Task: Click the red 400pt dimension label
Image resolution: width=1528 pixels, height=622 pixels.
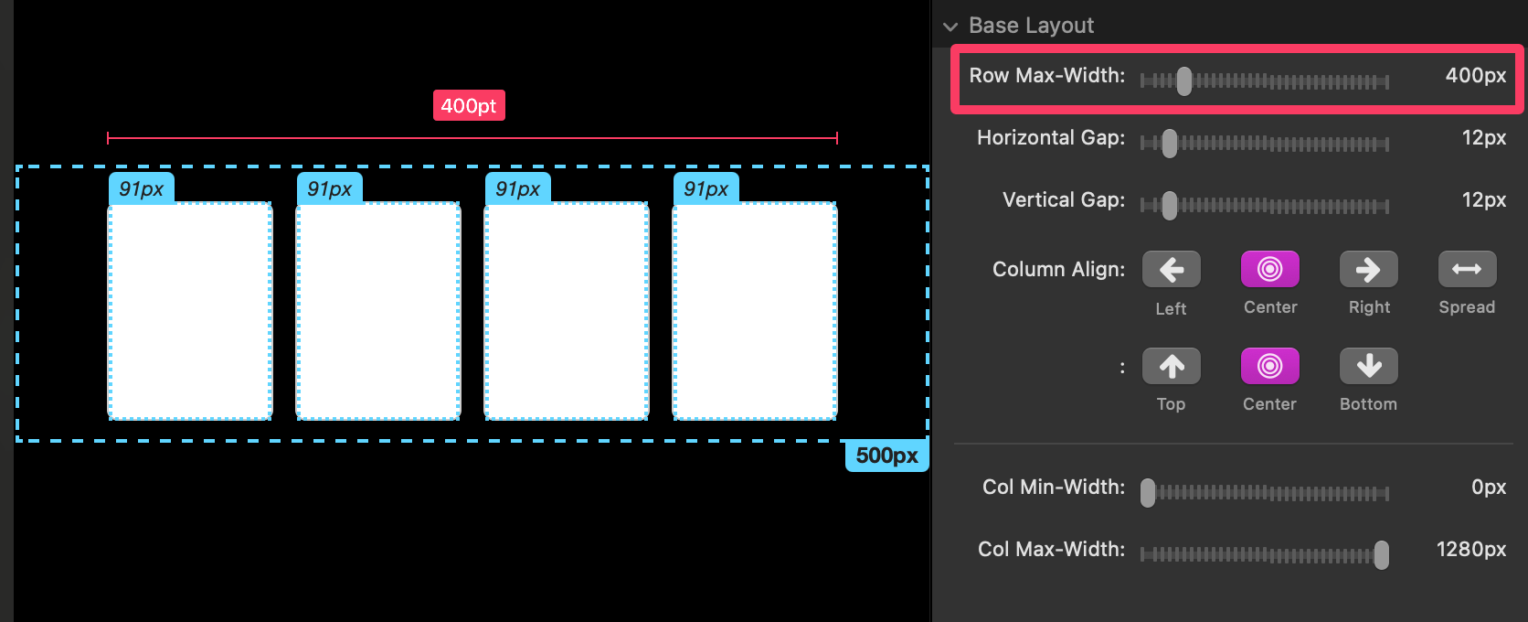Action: coord(469,105)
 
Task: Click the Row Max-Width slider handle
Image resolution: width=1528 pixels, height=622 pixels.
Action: coord(1184,80)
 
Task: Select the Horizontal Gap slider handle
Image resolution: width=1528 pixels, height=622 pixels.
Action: coord(1170,144)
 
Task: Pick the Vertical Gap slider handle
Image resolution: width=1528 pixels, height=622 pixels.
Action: coord(1170,206)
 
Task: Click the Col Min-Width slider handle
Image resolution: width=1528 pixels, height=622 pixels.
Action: coord(1148,493)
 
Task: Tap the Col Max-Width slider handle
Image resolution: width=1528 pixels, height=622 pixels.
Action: coord(1382,554)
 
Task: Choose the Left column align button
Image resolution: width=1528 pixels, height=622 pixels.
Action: coord(1172,270)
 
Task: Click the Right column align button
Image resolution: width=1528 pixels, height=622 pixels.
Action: coord(1369,270)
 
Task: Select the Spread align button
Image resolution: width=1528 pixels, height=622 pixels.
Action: coord(1468,270)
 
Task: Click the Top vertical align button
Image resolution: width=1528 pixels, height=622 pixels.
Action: coord(1172,367)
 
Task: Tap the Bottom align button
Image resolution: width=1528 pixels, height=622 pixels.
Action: coord(1369,367)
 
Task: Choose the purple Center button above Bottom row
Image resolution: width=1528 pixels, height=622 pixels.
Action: coord(1270,270)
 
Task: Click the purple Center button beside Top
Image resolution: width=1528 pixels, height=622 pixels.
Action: coord(1270,367)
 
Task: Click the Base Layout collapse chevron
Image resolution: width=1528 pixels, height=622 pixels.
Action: coord(950,27)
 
